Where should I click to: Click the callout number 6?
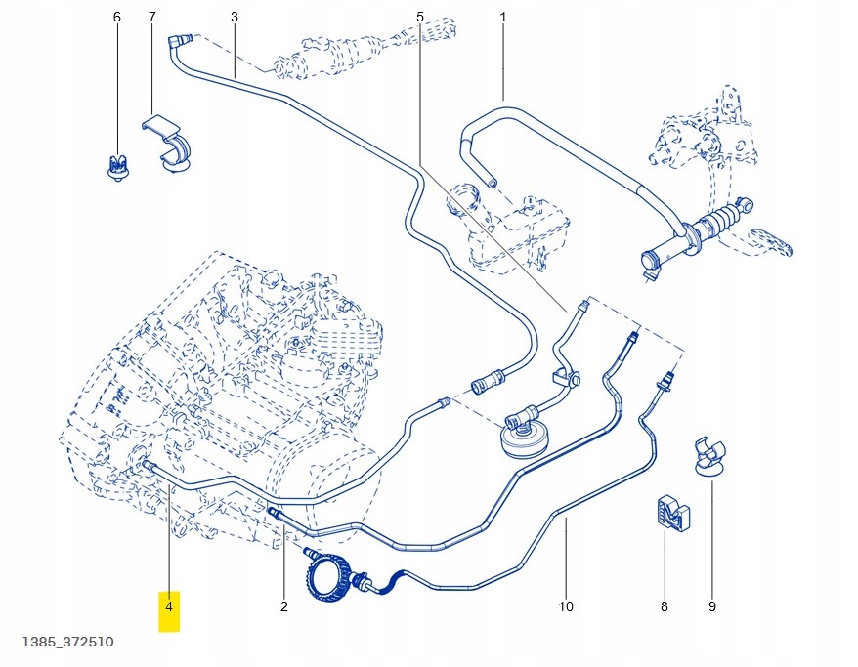coord(117,18)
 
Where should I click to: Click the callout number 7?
coord(151,18)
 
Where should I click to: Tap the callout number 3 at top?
coord(235,18)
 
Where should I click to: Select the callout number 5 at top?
coord(420,18)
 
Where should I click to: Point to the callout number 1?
coord(503,18)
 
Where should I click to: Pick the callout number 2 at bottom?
coord(284,607)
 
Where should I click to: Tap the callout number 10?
coord(566,607)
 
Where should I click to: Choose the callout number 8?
coord(664,607)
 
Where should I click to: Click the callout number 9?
coord(711,607)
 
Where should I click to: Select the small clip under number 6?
coord(117,167)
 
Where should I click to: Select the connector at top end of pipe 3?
coord(178,41)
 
